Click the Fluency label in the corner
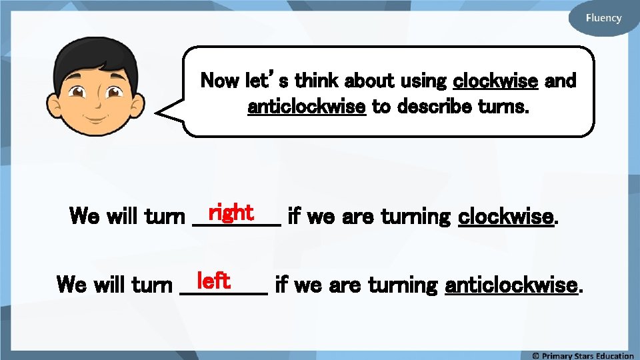point(603,18)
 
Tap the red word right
point(230,213)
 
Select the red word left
point(213,281)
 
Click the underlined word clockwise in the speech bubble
point(495,81)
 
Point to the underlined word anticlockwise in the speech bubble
point(307,106)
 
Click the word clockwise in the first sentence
point(507,216)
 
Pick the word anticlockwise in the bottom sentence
point(511,285)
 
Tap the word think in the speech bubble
point(316,81)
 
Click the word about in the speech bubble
point(369,81)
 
